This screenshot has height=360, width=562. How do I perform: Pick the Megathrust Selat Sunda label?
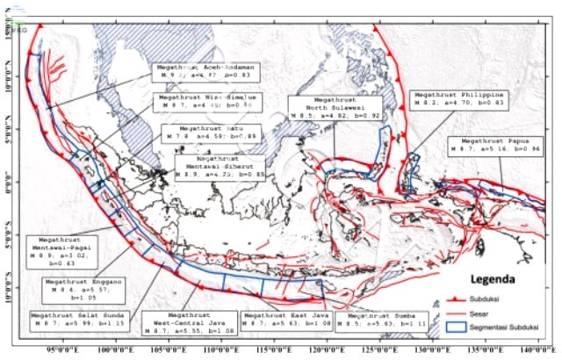pyautogui.click(x=77, y=319)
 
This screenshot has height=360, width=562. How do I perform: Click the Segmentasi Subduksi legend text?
pyautogui.click(x=507, y=328)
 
